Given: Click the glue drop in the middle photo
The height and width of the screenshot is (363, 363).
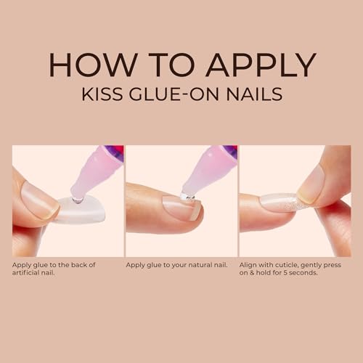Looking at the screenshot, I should coord(187,197).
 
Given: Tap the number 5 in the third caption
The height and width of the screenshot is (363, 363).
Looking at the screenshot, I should coord(281,273).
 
